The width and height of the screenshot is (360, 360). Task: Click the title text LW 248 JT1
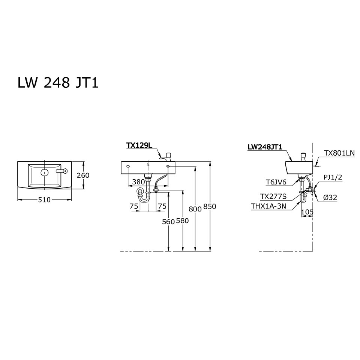tap(58, 82)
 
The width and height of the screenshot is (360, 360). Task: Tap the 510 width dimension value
tap(44, 200)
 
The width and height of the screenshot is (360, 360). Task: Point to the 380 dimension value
tap(138, 182)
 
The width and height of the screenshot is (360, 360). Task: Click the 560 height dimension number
tap(169, 222)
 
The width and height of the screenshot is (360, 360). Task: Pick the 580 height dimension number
tap(182, 221)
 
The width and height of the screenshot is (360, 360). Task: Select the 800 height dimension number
tap(195, 210)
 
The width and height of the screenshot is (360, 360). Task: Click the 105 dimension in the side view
tap(307, 212)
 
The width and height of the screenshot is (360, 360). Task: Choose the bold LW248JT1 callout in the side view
tap(265, 147)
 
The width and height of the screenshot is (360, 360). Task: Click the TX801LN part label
tap(339, 153)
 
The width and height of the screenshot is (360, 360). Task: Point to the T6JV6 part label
tap(276, 182)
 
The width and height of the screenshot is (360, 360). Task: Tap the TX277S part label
tap(273, 196)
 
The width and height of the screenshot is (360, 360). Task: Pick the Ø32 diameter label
tap(330, 197)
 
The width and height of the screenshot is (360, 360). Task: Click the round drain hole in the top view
tap(44, 172)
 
